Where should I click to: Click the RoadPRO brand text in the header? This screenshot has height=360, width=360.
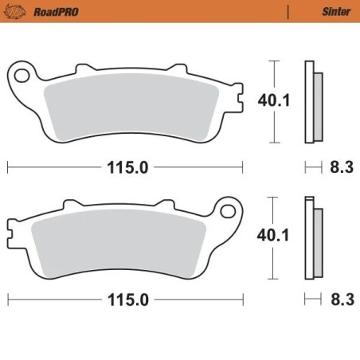[49, 10]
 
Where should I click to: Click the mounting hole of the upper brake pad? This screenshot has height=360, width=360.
[22, 76]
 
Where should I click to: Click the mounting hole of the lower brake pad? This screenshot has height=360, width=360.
[229, 212]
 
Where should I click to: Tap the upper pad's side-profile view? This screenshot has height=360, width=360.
[313, 102]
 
